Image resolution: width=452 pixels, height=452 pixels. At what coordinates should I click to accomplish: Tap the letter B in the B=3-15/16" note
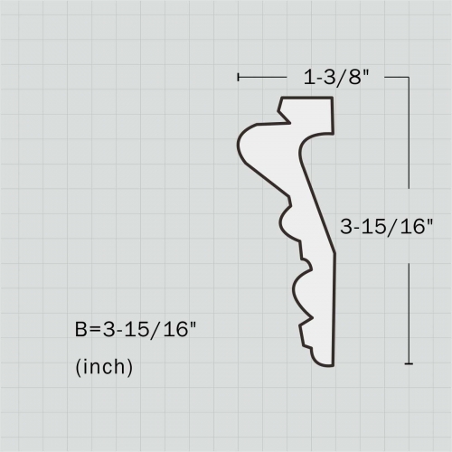click(81, 330)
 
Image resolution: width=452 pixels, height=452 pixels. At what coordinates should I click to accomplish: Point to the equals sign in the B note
click(96, 330)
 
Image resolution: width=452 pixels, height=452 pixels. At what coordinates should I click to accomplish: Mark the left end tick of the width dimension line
click(238, 78)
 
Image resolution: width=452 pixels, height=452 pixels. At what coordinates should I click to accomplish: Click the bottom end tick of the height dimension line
click(410, 363)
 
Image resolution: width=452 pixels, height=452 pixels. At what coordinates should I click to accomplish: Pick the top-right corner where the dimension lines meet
click(410, 78)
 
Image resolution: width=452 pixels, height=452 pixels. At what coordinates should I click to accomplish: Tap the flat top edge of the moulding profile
click(306, 98)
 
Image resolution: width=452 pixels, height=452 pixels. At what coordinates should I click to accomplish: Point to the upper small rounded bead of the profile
click(286, 221)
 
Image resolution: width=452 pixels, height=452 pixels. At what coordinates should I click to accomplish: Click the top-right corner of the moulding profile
click(332, 99)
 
